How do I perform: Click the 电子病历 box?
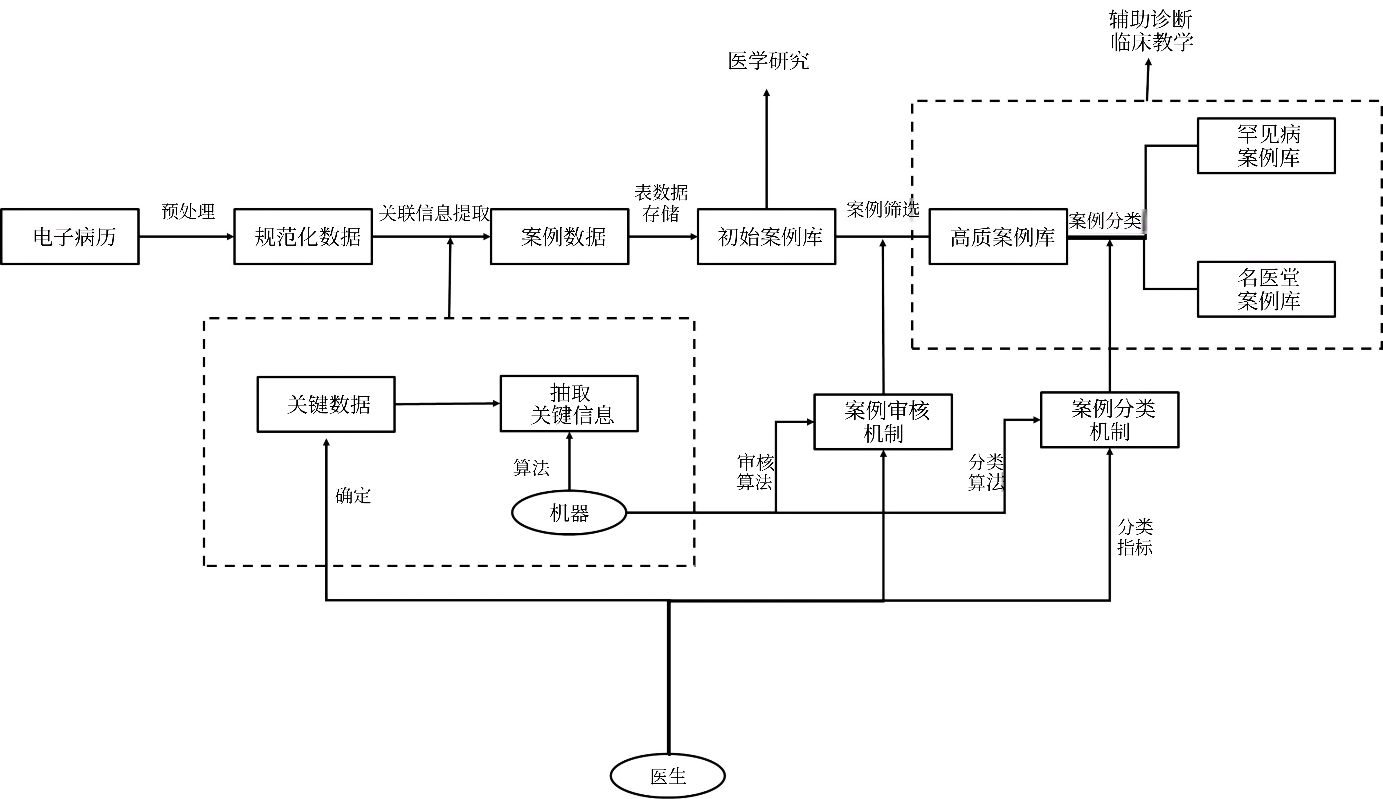[x=70, y=237]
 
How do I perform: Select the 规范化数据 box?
[x=303, y=237]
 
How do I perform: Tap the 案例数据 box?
[x=559, y=237]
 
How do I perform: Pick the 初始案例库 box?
[x=766, y=237]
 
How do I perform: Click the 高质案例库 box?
[x=998, y=237]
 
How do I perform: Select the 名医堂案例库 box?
[x=1266, y=289]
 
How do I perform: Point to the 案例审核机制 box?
[x=883, y=422]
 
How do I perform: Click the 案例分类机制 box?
[x=1109, y=420]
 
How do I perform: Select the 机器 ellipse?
[x=569, y=512]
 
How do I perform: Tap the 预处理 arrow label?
[x=188, y=211]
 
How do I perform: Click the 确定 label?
[x=353, y=496]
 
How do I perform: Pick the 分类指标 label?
[x=1135, y=537]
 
